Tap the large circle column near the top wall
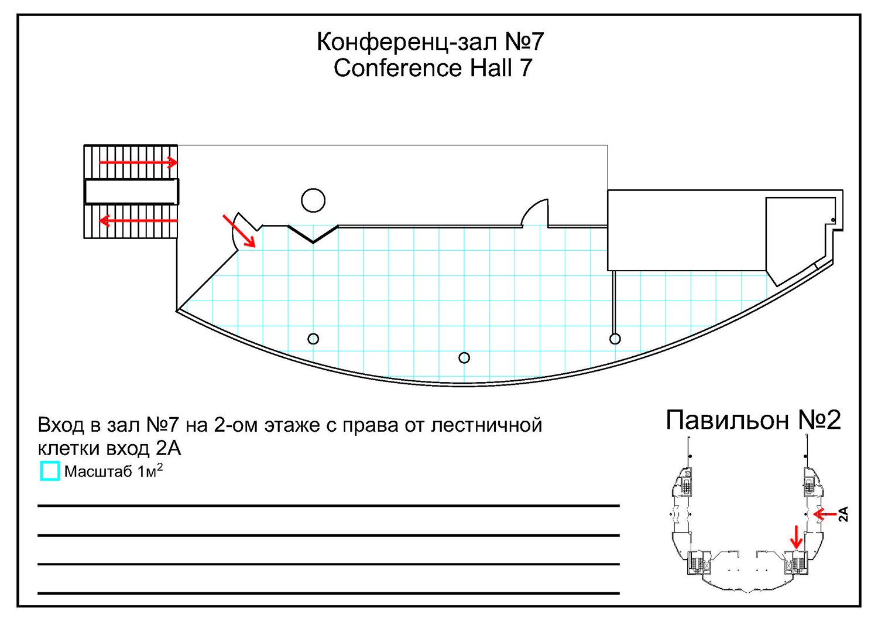coord(313,200)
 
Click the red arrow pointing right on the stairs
coord(138,162)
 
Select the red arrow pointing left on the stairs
coord(138,221)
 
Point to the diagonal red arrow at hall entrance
coord(239,230)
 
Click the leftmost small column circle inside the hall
coord(313,339)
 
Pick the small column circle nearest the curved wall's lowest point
coord(464,357)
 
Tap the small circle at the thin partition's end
coord(615,339)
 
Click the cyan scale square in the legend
coord(50,471)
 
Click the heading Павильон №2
coord(753,420)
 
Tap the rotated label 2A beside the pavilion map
coord(843,514)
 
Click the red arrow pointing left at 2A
coord(825,514)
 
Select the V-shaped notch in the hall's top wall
coord(313,234)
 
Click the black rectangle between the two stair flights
coord(131,192)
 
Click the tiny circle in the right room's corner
coord(833,220)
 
